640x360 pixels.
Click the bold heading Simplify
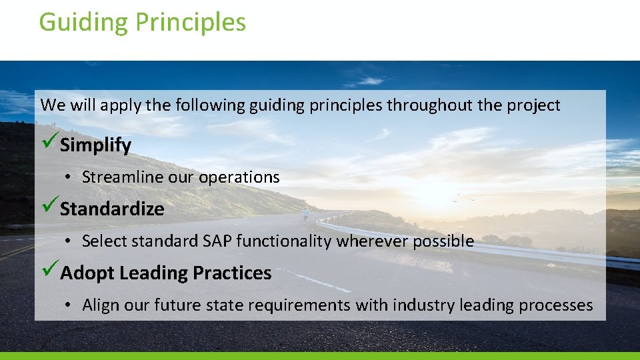[x=95, y=145]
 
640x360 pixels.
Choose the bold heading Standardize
[x=112, y=209]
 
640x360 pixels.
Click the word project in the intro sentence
[x=536, y=105]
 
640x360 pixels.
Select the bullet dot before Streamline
[x=69, y=178]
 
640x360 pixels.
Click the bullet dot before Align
[x=69, y=306]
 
